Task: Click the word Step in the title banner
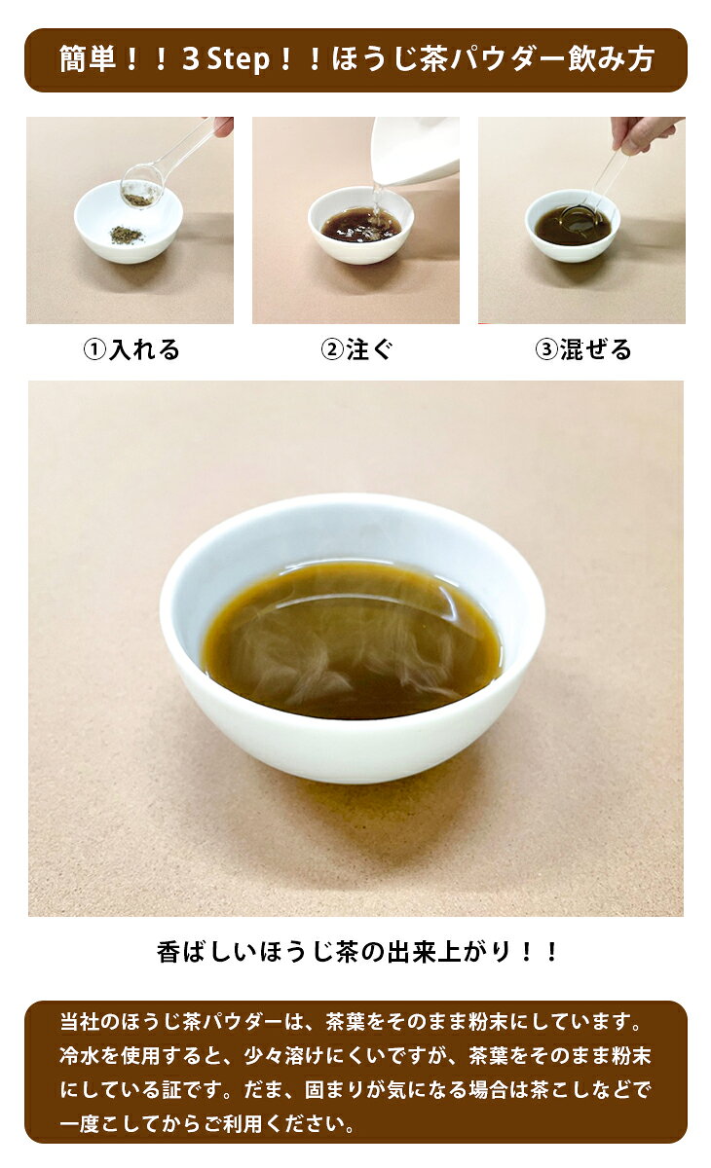(x=239, y=60)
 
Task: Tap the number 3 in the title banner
(x=191, y=59)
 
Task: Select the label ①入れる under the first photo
(x=131, y=349)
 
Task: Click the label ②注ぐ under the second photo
(x=356, y=349)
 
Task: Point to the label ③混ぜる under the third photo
(x=583, y=349)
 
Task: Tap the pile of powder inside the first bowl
(x=127, y=236)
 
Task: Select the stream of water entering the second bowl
(x=375, y=201)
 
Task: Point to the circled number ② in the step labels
(x=331, y=349)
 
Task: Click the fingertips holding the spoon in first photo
(x=223, y=126)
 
